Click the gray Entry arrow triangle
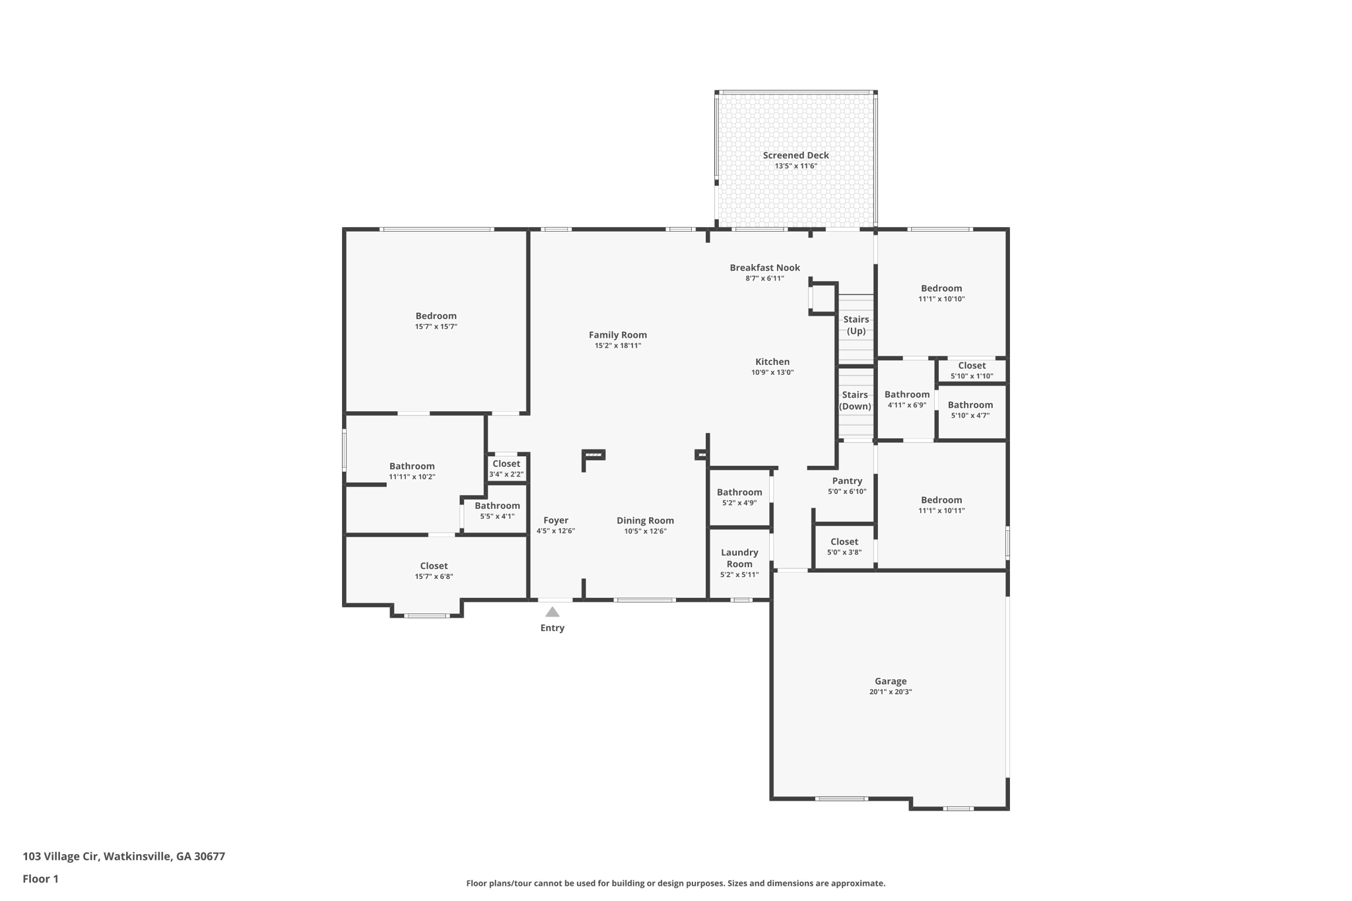coord(553,612)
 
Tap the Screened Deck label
coord(795,156)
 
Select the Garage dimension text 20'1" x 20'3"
coord(891,692)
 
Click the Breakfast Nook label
coord(764,267)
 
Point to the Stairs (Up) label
coord(856,325)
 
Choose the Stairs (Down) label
coord(855,400)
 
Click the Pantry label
coord(847,481)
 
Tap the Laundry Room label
coord(739,558)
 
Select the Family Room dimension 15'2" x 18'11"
coord(618,345)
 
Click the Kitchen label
coord(772,362)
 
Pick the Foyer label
coord(556,520)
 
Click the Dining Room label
coord(645,521)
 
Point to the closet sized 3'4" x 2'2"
coord(506,468)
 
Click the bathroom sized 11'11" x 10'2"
coord(412,471)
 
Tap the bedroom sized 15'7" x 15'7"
coord(436,321)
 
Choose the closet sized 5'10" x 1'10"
coord(972,370)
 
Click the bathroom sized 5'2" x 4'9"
coord(739,497)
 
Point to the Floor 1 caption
coord(40,879)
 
